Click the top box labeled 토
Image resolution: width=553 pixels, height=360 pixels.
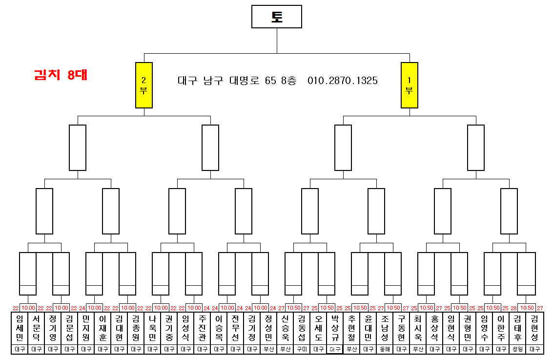click(x=277, y=17)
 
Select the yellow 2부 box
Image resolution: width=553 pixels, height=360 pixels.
click(x=144, y=85)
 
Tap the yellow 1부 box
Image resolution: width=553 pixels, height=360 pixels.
click(x=409, y=85)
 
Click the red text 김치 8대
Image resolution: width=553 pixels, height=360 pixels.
click(x=61, y=75)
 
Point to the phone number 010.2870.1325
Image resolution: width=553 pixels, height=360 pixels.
click(x=343, y=81)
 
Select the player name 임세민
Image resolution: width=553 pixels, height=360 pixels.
click(x=20, y=328)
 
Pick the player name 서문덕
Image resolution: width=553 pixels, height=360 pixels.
click(x=37, y=328)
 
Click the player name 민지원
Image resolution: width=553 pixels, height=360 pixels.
click(x=86, y=328)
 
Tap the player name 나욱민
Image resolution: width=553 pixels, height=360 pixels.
click(x=153, y=328)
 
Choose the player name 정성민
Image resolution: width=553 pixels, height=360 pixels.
click(x=268, y=328)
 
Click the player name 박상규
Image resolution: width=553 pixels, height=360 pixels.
click(x=335, y=328)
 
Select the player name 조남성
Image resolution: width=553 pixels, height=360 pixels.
click(x=385, y=328)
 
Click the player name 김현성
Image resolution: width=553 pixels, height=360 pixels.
click(x=534, y=328)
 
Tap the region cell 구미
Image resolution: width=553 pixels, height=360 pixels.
click(x=302, y=349)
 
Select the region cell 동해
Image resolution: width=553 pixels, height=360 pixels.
click(x=385, y=349)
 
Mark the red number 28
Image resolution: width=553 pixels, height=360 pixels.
click(x=513, y=308)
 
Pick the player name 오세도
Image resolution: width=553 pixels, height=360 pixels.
click(x=318, y=328)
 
